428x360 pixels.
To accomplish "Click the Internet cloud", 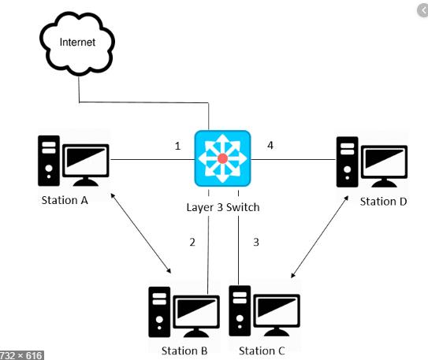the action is (x=77, y=43).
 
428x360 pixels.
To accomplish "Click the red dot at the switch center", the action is (x=223, y=158).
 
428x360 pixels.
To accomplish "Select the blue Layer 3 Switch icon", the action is (x=222, y=158).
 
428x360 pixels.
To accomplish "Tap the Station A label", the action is (x=65, y=200).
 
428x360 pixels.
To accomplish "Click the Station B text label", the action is (x=184, y=351).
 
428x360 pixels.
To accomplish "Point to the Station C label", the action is (x=262, y=351).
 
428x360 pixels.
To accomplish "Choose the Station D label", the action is (x=383, y=202).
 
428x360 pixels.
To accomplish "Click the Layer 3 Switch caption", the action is (x=223, y=207).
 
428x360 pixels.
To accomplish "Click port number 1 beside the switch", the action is (x=177, y=147).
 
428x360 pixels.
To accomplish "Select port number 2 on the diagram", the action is (x=192, y=242).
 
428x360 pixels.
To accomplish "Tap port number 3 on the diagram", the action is (x=256, y=242).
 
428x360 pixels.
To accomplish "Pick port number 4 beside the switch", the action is (x=270, y=146).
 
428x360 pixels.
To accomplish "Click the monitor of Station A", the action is (x=86, y=165).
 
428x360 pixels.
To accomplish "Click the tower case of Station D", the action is (x=347, y=162).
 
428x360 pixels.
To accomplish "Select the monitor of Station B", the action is (x=196, y=316).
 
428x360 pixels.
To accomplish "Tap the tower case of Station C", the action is (x=240, y=311).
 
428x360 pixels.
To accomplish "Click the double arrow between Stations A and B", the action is (x=141, y=233).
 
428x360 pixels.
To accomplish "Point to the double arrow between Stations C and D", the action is (x=320, y=236).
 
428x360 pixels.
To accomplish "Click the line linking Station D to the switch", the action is (x=293, y=160).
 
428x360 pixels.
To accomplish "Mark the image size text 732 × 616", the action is (x=21, y=355).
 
